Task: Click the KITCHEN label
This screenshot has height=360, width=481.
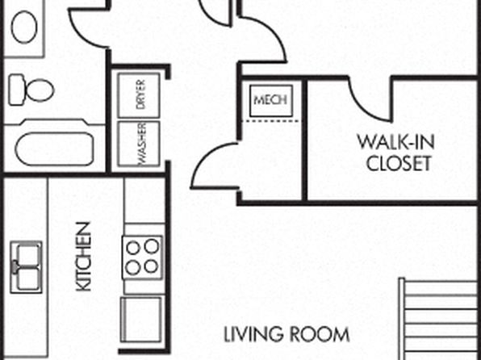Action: point(83,257)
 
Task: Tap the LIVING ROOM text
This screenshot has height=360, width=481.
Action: point(287,334)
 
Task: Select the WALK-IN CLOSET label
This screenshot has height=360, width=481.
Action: point(396,153)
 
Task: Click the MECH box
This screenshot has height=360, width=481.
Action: point(271,101)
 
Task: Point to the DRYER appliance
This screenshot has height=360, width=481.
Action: point(139,95)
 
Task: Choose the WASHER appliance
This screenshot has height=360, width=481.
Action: point(139,144)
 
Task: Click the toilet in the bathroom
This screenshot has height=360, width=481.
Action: point(31,90)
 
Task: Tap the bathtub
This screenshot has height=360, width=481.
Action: point(55,149)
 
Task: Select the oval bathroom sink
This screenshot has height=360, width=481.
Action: point(24,27)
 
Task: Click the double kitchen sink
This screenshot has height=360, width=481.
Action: point(27,267)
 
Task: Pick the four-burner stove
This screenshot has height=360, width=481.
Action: point(142,257)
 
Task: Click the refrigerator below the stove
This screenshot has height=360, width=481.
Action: point(140,319)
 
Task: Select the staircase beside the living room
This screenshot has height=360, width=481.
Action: point(439,319)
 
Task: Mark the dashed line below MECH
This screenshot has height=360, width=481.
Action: point(271,122)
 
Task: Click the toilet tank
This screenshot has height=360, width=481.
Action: point(16,90)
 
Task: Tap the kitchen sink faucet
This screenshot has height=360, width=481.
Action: point(15,267)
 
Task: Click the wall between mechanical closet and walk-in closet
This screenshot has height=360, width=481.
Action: point(304,140)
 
